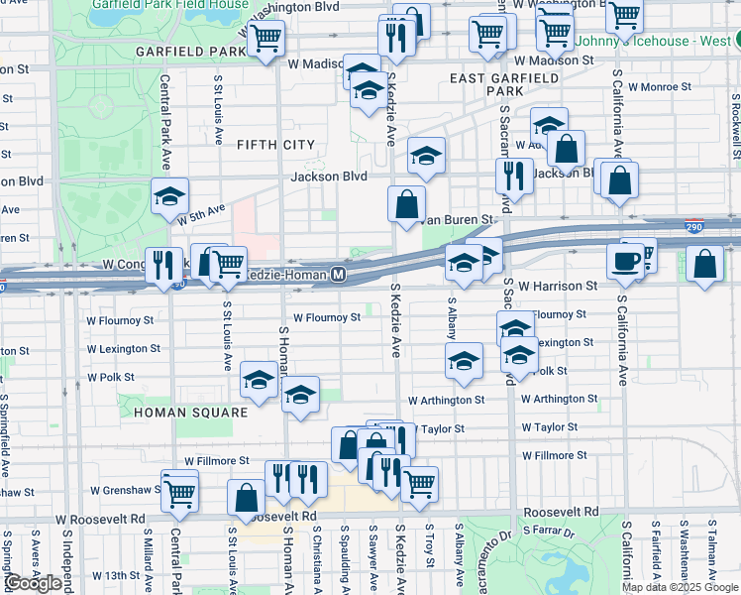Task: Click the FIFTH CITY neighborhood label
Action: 275,145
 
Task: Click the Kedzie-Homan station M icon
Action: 340,274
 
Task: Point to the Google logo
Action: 34,583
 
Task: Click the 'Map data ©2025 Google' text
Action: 680,587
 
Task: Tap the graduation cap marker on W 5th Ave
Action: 169,195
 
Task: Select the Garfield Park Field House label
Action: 170,4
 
